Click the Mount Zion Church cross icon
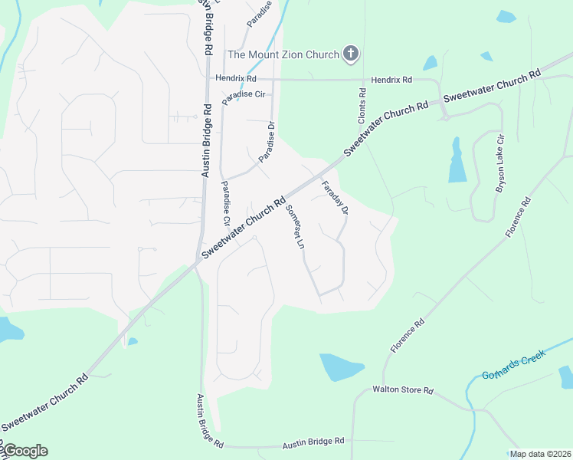pos(351,54)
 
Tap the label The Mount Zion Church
pos(283,54)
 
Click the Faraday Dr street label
pos(335,197)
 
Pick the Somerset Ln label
pos(295,228)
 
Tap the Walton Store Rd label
pos(403,390)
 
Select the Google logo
pos(25,451)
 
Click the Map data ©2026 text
pos(539,454)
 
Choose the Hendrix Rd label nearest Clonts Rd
pos(391,80)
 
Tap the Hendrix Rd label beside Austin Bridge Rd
pos(235,78)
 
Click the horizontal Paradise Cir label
pos(243,101)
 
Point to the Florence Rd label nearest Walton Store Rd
pos(407,336)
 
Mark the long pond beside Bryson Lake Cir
pos(457,160)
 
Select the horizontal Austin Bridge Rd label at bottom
pos(313,443)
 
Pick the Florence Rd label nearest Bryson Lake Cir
pos(518,218)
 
